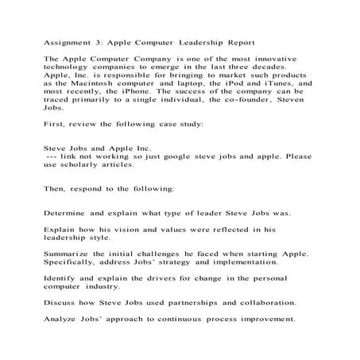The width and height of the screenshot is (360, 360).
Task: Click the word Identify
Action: tap(61, 277)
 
